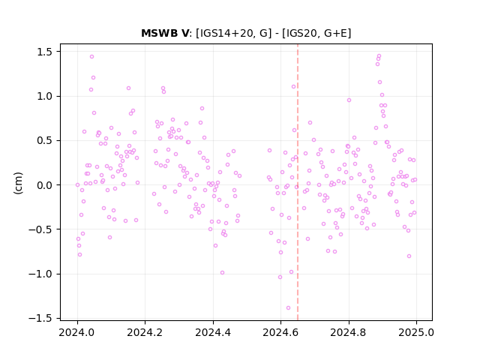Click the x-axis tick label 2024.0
click(78, 332)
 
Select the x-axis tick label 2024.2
click(145, 332)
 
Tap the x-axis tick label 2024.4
click(213, 332)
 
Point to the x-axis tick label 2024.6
click(280, 332)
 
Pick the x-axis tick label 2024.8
click(348, 332)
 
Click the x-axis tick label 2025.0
click(416, 332)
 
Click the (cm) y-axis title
click(18, 183)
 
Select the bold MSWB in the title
click(160, 33)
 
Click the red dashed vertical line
click(298, 182)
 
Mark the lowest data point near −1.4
click(288, 308)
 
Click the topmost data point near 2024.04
click(91, 57)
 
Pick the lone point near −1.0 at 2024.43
click(223, 273)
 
